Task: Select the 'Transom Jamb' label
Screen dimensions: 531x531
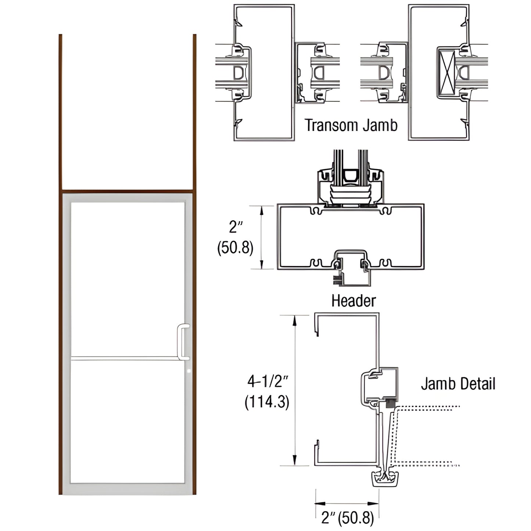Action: click(x=351, y=125)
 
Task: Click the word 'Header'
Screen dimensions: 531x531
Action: click(x=354, y=301)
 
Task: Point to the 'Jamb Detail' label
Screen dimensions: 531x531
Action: click(x=458, y=384)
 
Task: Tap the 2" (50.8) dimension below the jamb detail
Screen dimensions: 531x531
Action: click(x=347, y=518)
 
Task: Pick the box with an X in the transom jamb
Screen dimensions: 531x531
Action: click(x=445, y=72)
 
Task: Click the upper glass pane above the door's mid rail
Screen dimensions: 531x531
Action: click(x=127, y=279)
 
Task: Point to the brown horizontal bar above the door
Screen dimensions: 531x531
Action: click(x=128, y=191)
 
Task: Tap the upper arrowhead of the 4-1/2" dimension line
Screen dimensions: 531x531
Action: click(x=294, y=321)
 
